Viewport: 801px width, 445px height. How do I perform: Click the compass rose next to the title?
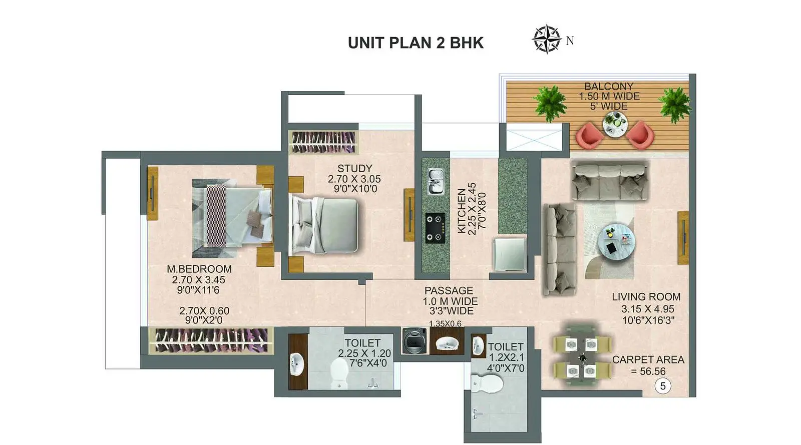click(x=546, y=39)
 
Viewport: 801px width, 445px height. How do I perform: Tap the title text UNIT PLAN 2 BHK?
click(x=416, y=43)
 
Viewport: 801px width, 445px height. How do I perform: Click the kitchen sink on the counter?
click(x=436, y=182)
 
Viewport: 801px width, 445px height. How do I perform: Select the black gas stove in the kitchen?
click(x=435, y=228)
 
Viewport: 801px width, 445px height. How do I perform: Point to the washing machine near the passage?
click(x=414, y=341)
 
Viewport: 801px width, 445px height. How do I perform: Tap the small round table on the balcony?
click(x=615, y=124)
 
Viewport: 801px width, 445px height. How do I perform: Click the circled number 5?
click(x=663, y=386)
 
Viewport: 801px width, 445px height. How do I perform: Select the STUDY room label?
click(x=355, y=168)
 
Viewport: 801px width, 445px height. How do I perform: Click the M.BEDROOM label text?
click(x=199, y=269)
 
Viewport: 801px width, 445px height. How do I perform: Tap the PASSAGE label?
click(x=449, y=290)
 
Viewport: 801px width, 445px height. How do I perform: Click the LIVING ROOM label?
click(x=646, y=297)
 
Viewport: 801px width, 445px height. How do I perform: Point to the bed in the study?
click(x=323, y=225)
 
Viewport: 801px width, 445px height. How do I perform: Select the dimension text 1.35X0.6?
click(x=445, y=323)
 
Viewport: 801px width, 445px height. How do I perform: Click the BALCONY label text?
click(x=609, y=86)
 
